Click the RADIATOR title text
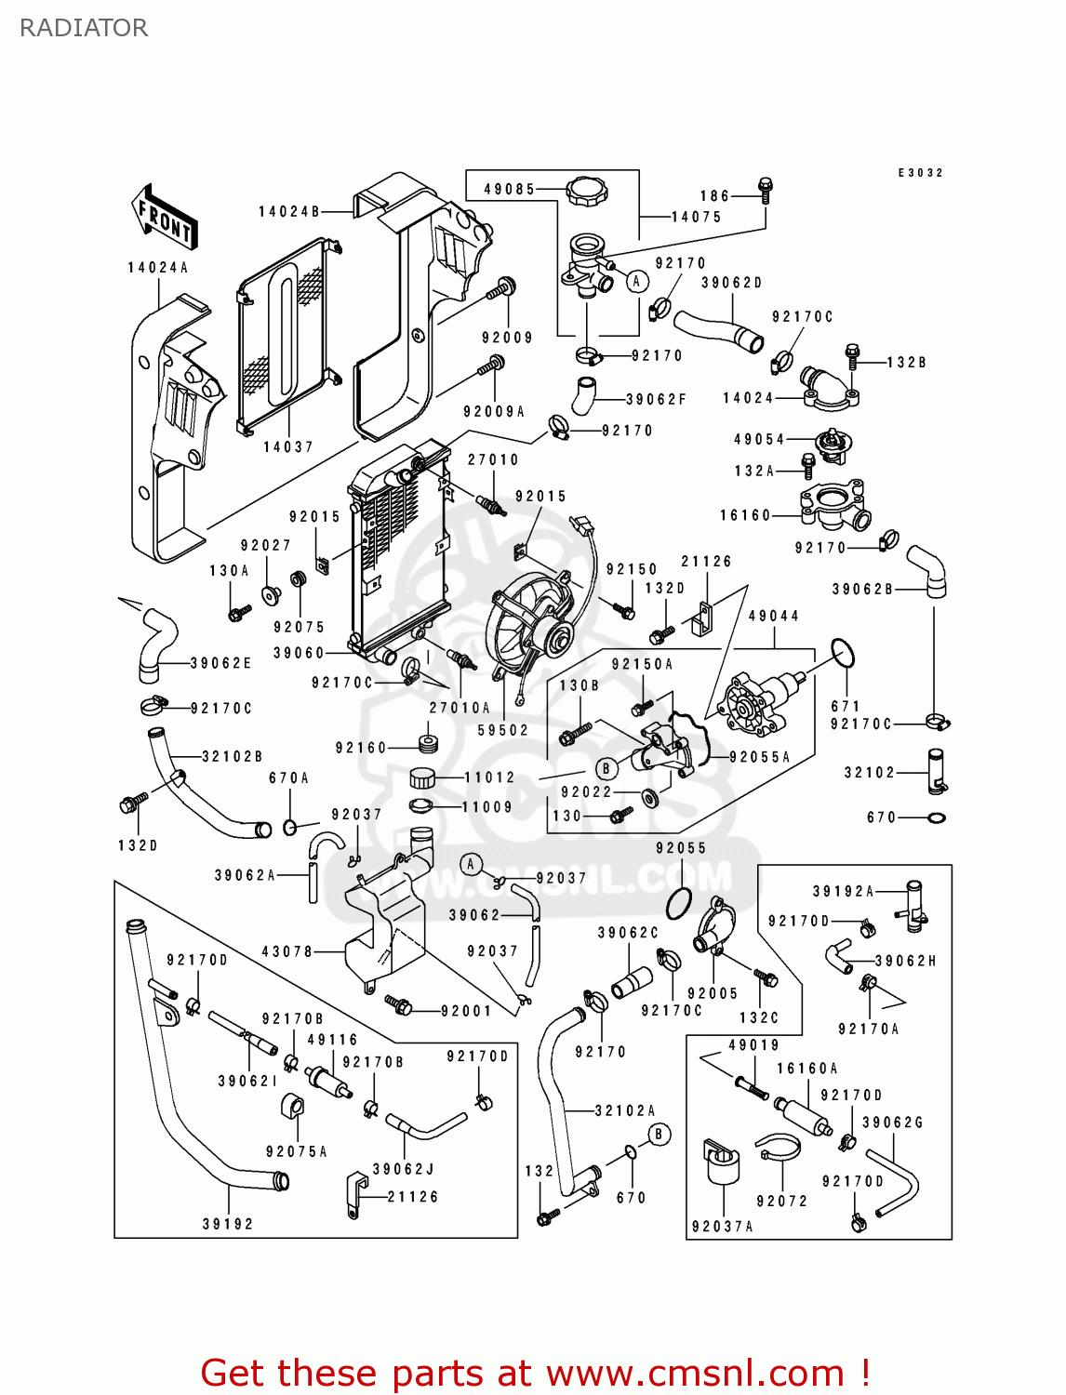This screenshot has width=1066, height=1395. [x=84, y=28]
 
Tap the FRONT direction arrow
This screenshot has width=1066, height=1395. [x=165, y=218]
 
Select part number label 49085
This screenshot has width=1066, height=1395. [x=509, y=189]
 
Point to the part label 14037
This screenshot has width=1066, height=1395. [x=287, y=447]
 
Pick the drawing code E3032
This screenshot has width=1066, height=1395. [x=920, y=173]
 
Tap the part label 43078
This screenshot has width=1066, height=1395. [x=287, y=951]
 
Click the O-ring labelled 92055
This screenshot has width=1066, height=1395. [x=679, y=901]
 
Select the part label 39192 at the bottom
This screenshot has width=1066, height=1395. [x=228, y=1224]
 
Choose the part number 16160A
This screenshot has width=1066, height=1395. [x=806, y=1069]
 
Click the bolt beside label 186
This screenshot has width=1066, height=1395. [x=766, y=190]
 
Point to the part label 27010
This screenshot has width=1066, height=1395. [x=493, y=459]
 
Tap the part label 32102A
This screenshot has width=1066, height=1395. [x=624, y=1110]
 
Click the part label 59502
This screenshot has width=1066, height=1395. [x=502, y=730]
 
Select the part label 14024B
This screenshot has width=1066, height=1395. [x=289, y=212]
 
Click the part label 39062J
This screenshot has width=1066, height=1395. [x=404, y=1169]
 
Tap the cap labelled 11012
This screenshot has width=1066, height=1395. [x=423, y=777]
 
